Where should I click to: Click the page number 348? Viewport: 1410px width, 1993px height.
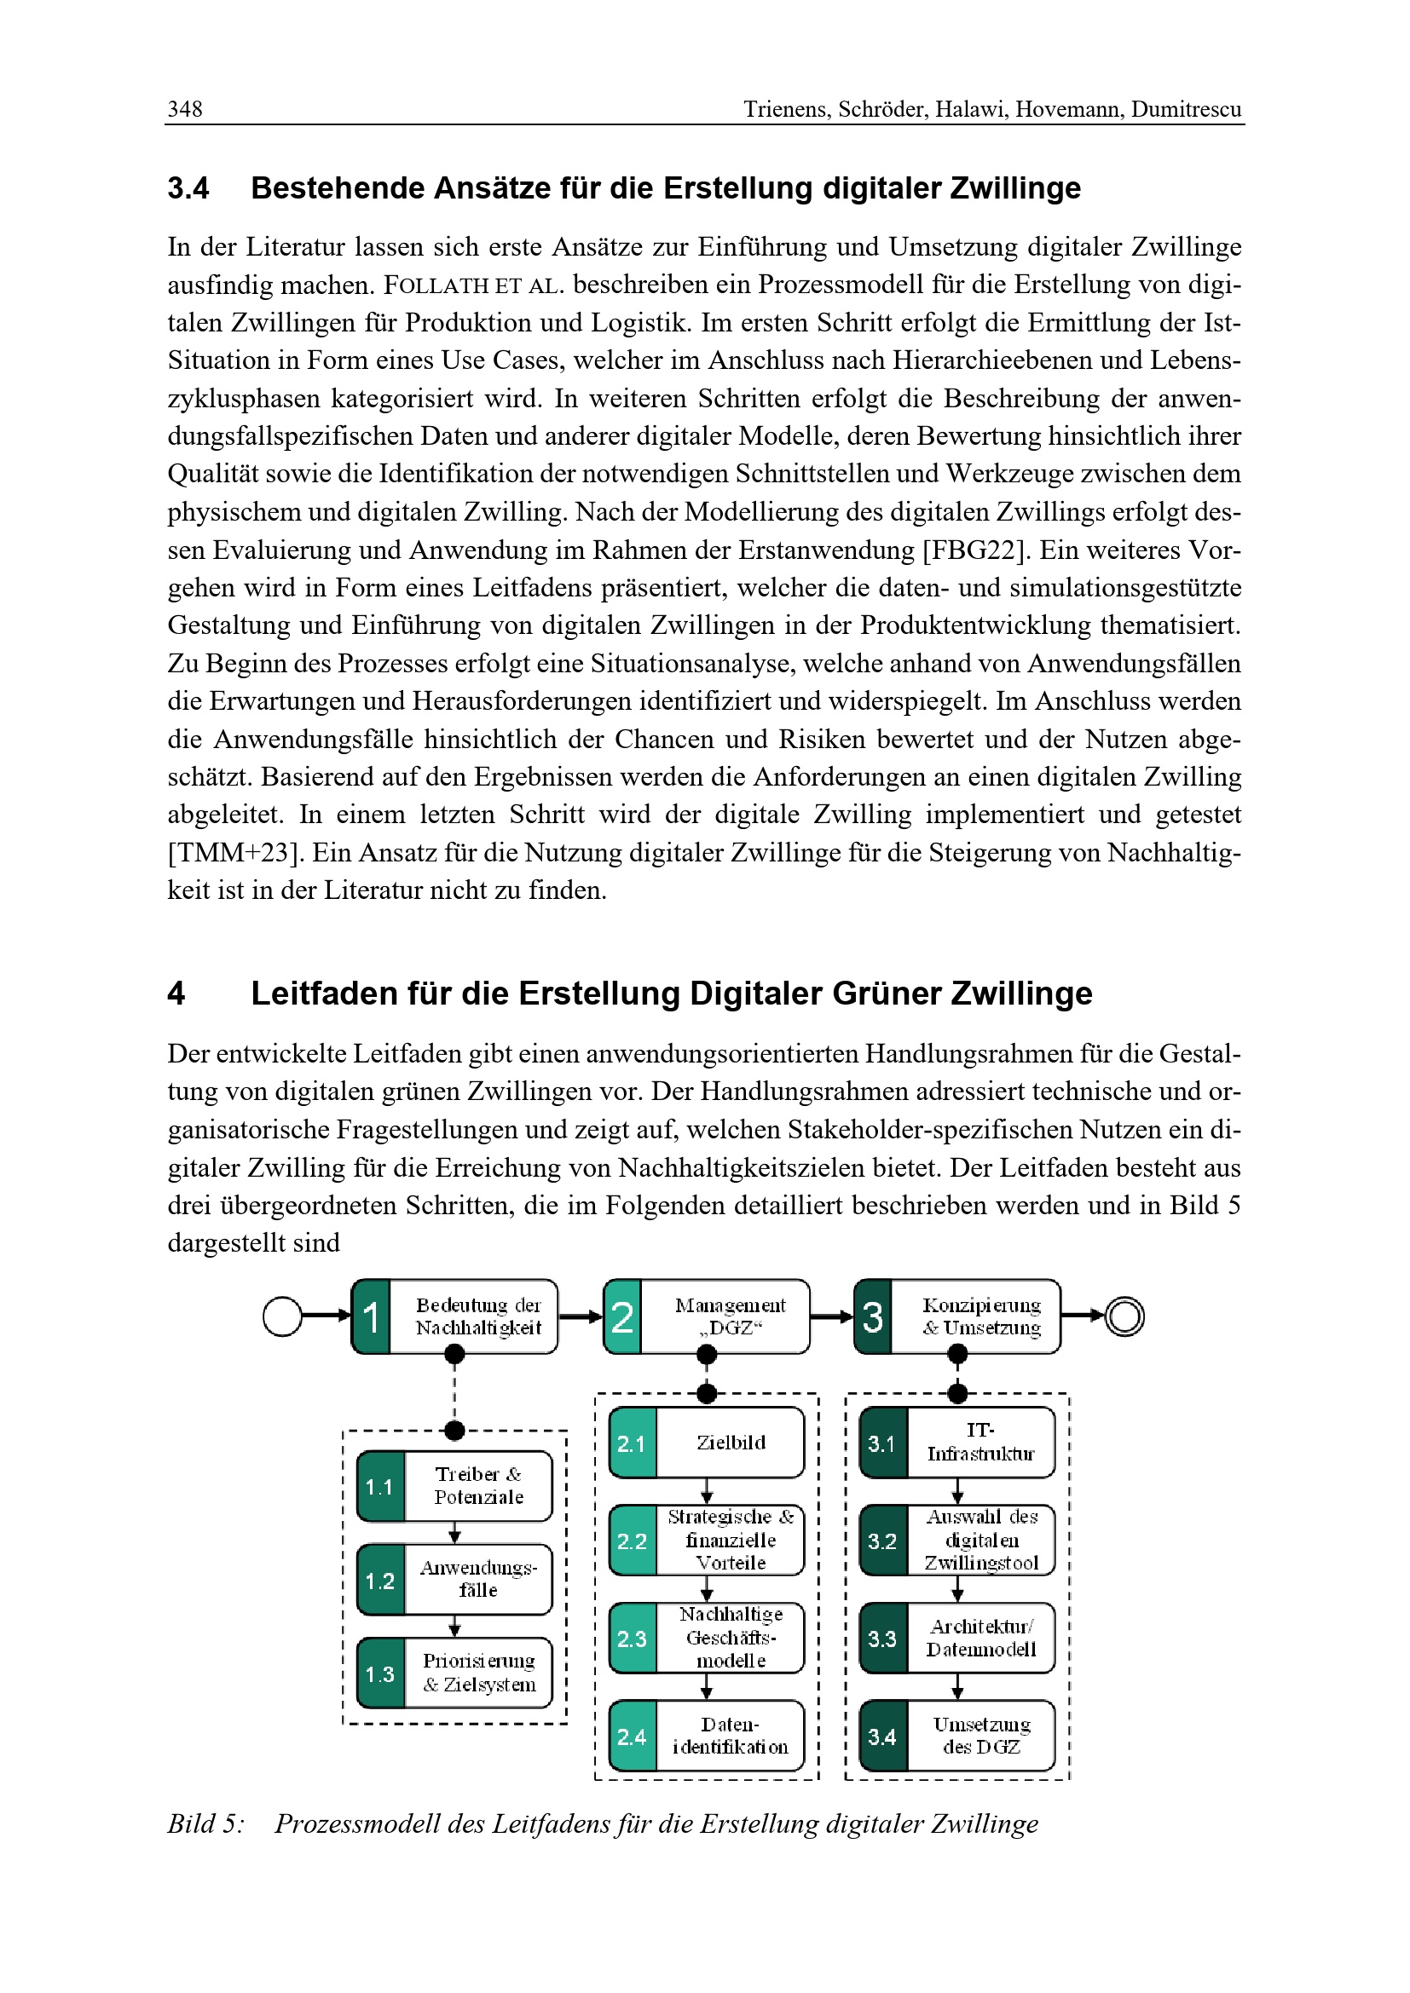tap(185, 108)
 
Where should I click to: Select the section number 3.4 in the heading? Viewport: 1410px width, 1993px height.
tap(188, 188)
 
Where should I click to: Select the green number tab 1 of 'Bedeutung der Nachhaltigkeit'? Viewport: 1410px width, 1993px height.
tap(371, 1316)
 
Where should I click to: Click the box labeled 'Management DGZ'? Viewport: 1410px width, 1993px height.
tap(730, 1316)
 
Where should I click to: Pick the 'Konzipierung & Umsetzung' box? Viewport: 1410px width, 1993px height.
tap(980, 1316)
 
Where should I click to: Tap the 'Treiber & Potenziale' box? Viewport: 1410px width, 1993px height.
tap(477, 1485)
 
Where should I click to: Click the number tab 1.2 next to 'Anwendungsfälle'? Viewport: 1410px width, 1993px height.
tap(380, 1581)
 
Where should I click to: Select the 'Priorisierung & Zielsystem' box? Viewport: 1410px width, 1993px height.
tap(478, 1673)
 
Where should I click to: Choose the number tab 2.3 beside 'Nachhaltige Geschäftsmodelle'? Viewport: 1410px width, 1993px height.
tap(632, 1638)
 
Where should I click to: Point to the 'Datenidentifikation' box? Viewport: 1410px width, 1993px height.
tap(731, 1735)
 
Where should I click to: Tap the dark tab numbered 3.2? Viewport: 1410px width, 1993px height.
tap(882, 1541)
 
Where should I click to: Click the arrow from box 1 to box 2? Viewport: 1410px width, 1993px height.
tap(580, 1316)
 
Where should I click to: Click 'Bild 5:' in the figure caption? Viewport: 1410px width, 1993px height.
tap(206, 1823)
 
